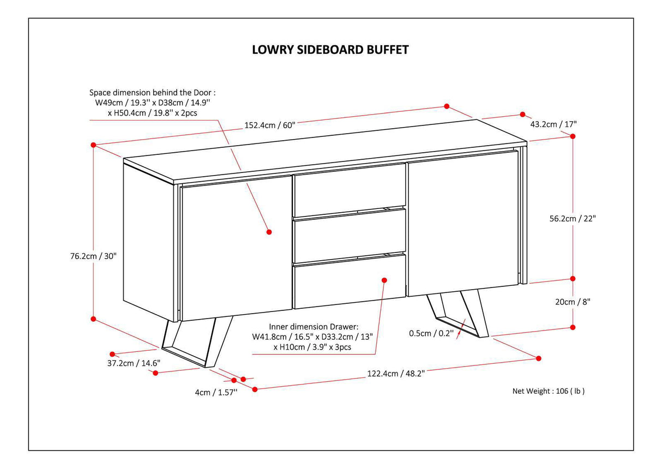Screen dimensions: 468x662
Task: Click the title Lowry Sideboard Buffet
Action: point(330,50)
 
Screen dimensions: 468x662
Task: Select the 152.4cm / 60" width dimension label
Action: point(269,125)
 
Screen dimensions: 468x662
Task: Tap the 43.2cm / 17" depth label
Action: point(553,124)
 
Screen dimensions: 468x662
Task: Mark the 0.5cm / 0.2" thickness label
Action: point(431,333)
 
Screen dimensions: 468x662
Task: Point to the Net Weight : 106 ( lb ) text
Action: point(548,391)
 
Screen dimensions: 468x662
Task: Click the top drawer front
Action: point(349,189)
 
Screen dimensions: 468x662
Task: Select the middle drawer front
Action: point(349,235)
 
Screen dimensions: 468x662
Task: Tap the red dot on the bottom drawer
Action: point(384,279)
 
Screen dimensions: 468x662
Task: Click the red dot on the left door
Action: point(269,232)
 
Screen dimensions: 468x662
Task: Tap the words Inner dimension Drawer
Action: point(314,327)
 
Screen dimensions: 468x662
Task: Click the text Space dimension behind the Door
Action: point(156,93)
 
